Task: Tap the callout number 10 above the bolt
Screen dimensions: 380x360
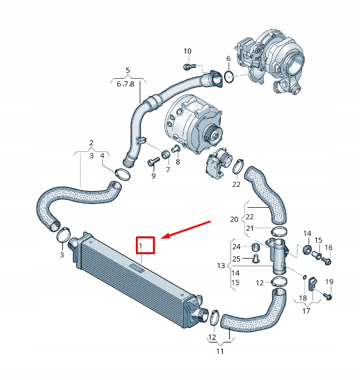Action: (187, 51)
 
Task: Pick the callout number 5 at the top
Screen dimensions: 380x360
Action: (127, 70)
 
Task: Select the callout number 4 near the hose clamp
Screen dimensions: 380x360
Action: (102, 155)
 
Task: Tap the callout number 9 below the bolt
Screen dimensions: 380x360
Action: (153, 175)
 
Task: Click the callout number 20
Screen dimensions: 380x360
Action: (234, 219)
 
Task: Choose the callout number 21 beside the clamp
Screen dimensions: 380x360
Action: (250, 228)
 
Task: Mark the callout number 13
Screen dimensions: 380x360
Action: (221, 264)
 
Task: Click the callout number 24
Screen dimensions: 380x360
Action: (236, 247)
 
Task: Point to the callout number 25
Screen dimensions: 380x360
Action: (236, 259)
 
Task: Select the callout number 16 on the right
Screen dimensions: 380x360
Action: (328, 247)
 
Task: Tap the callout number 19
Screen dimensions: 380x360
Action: (329, 282)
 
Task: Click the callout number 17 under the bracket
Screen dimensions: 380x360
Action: (306, 311)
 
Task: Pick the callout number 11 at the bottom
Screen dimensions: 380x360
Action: (220, 351)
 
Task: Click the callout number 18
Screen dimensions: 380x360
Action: (303, 298)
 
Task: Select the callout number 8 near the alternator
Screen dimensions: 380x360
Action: (178, 162)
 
